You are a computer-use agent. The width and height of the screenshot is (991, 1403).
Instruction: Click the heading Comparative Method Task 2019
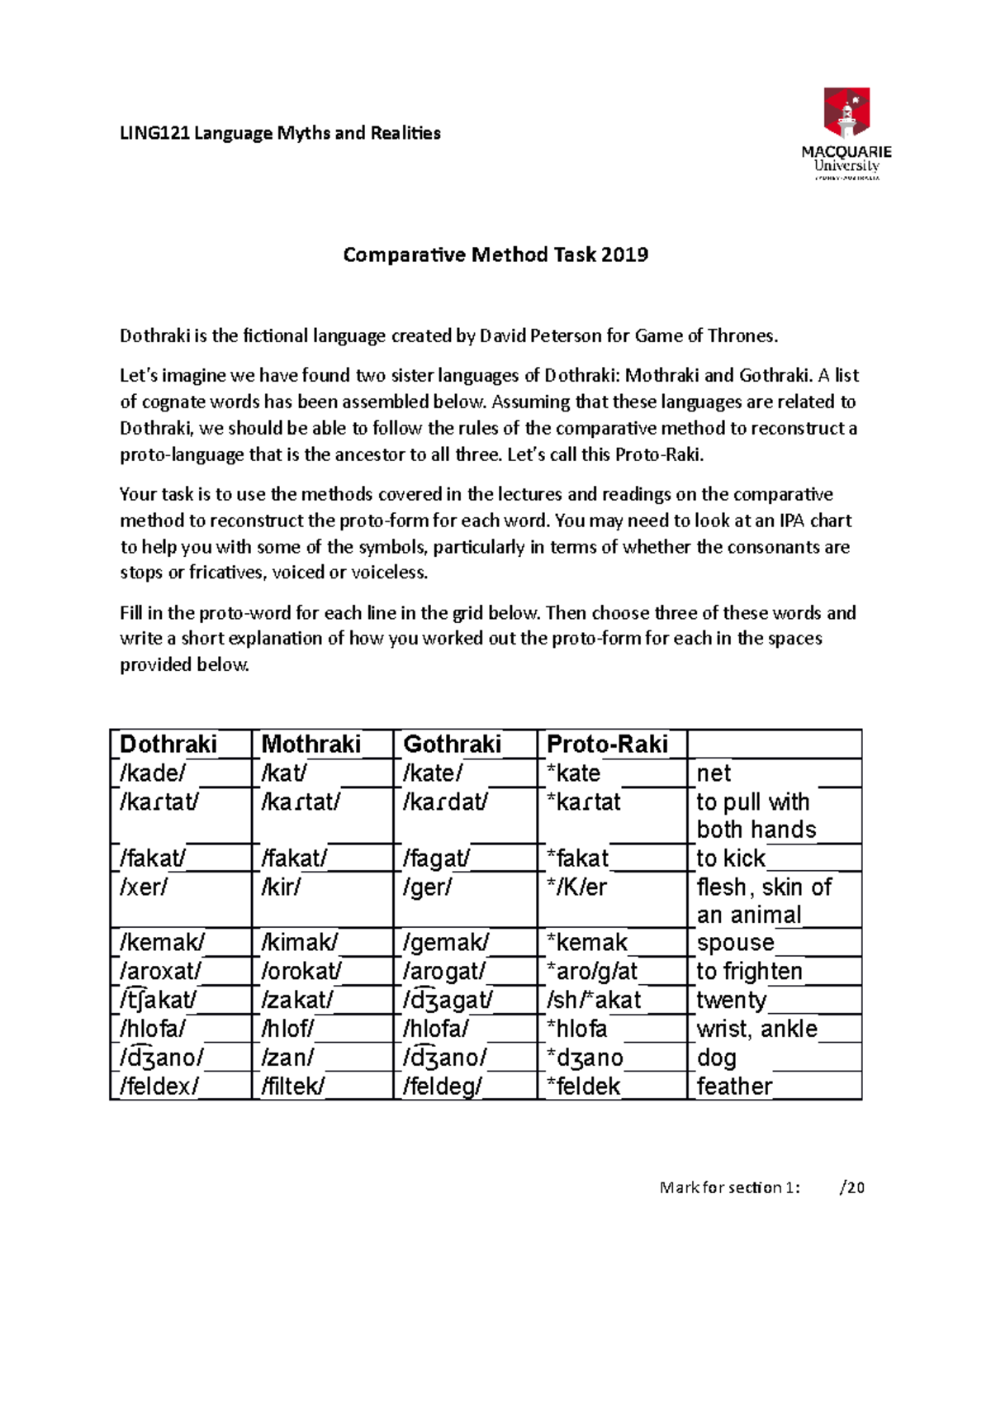click(x=495, y=254)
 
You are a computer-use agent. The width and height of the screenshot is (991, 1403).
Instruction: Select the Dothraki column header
click(x=168, y=744)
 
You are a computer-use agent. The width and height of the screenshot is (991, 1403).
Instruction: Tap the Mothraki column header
click(x=311, y=744)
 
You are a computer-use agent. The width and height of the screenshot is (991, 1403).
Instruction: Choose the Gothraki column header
click(x=453, y=744)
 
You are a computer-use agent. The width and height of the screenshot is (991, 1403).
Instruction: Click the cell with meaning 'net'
click(x=714, y=773)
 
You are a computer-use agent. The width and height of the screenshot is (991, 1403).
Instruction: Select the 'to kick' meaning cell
click(x=731, y=858)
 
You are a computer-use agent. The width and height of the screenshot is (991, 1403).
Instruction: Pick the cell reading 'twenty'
click(x=732, y=1001)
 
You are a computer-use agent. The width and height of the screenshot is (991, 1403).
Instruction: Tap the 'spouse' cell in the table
click(x=736, y=943)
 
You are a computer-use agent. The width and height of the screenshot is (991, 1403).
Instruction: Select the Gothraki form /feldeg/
click(x=443, y=1087)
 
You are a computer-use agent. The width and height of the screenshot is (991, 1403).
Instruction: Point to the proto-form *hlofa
click(x=576, y=1030)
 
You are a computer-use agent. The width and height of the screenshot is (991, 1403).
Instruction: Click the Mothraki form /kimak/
click(x=299, y=943)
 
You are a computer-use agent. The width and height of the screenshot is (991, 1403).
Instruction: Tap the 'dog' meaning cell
click(x=716, y=1058)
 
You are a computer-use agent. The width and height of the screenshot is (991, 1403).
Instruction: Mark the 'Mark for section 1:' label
click(x=729, y=1188)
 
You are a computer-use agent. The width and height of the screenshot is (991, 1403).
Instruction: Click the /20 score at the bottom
click(x=851, y=1188)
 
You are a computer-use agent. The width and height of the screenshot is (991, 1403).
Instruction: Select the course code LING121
click(x=155, y=133)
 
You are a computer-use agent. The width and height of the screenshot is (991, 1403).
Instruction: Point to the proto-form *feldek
click(x=583, y=1087)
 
